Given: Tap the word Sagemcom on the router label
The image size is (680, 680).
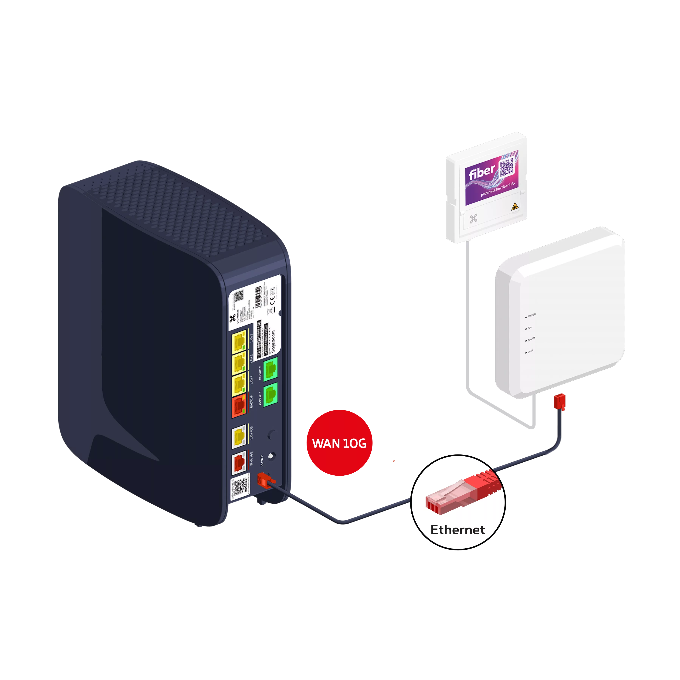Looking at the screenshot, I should (273, 341).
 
